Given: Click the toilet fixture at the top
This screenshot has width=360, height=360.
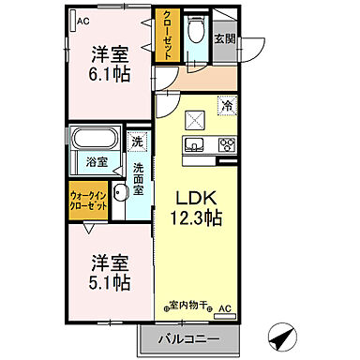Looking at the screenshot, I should click(195, 32).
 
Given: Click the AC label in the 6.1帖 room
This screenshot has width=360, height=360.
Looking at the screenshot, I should click(83, 20).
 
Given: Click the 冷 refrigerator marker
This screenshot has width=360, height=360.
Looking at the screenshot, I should click(226, 106).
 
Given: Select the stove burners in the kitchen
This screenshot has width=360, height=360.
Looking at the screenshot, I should click(225, 144).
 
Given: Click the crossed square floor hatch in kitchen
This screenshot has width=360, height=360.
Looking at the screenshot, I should click(195, 118).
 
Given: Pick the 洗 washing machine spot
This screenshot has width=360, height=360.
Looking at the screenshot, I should click(137, 142).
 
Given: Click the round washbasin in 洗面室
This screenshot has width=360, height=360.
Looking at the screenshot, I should click(119, 194).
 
